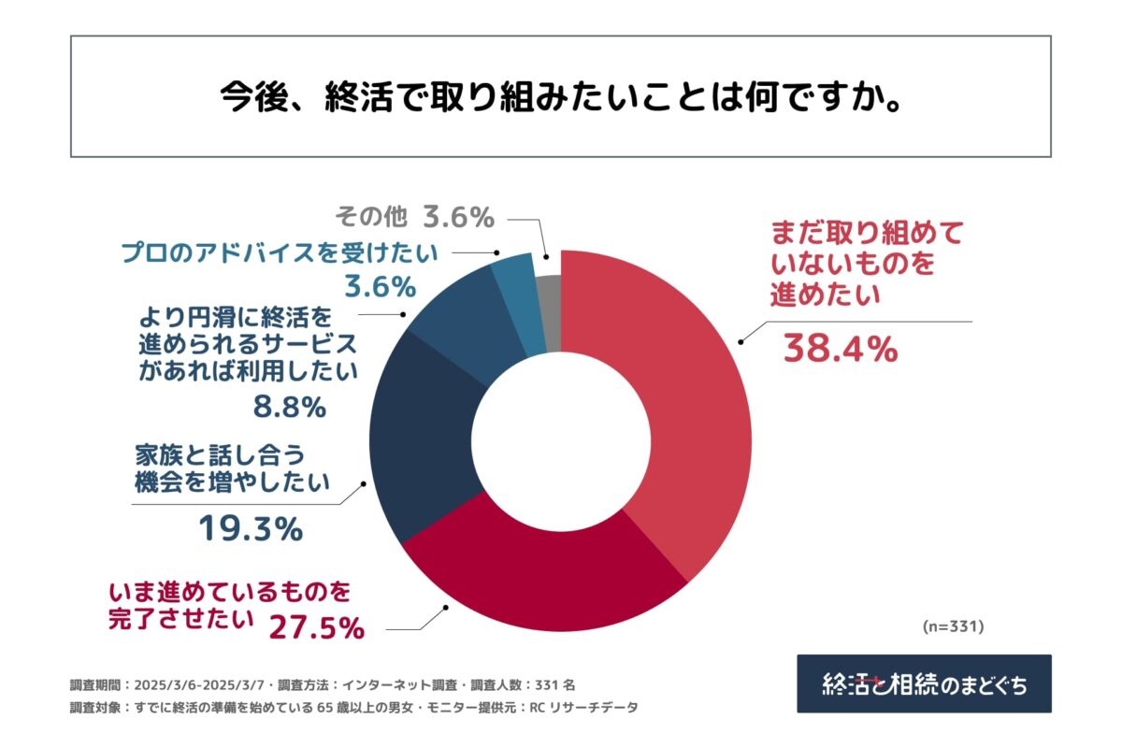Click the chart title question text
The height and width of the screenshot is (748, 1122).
(560, 97)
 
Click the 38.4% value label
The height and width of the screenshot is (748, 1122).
(840, 350)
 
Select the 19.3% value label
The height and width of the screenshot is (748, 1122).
(250, 529)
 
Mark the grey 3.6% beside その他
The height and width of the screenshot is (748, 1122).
(457, 218)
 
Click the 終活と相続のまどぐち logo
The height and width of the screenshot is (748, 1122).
(924, 683)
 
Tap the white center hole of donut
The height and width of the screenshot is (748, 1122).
(560, 439)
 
